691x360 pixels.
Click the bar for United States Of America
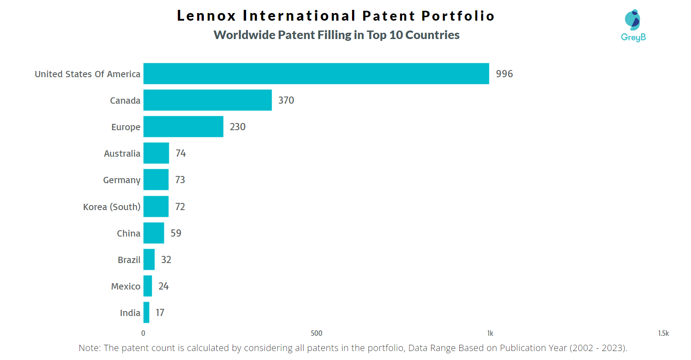316,74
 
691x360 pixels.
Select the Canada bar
207,100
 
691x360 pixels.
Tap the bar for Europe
183,127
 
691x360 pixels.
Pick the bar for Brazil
149,259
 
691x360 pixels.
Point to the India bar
146,312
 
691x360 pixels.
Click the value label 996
504,74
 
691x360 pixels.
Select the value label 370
286,100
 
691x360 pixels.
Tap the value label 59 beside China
176,233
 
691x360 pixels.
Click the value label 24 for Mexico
163,286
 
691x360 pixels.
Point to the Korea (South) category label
112,207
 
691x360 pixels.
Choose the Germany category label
122,180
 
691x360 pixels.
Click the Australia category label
122,154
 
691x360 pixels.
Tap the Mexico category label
126,286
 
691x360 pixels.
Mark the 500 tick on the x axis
317,333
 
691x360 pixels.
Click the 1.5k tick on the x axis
663,333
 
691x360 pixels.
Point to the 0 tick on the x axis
143,333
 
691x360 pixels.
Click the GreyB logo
633,26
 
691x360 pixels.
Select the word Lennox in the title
207,16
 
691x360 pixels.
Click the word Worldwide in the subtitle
244,35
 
